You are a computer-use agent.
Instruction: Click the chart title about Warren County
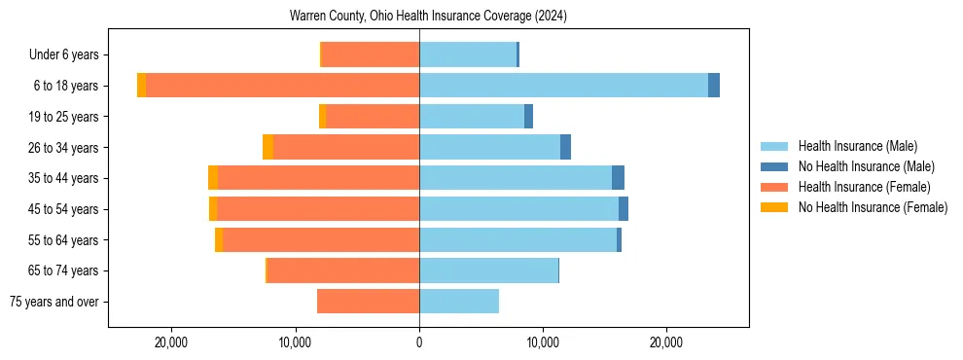pos(428,17)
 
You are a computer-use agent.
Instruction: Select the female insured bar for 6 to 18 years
pos(282,86)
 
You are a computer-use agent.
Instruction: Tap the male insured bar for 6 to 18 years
pos(563,86)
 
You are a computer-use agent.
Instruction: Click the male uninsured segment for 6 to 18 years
pos(714,86)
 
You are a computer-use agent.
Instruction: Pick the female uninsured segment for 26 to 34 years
pos(268,147)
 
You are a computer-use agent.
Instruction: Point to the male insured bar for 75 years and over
pos(459,302)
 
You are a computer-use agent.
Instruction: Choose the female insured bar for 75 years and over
pos(368,302)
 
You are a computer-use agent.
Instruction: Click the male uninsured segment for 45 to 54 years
pos(624,209)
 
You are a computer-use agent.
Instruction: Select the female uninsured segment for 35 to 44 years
pos(213,178)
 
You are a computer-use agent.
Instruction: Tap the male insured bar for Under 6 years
pos(468,54)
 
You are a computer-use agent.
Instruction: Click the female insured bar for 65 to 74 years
pos(343,270)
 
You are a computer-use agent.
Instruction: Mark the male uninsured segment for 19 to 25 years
pos(528,117)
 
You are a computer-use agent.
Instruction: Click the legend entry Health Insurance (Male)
pos(857,146)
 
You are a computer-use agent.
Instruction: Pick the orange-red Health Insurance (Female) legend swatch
pos(774,187)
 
